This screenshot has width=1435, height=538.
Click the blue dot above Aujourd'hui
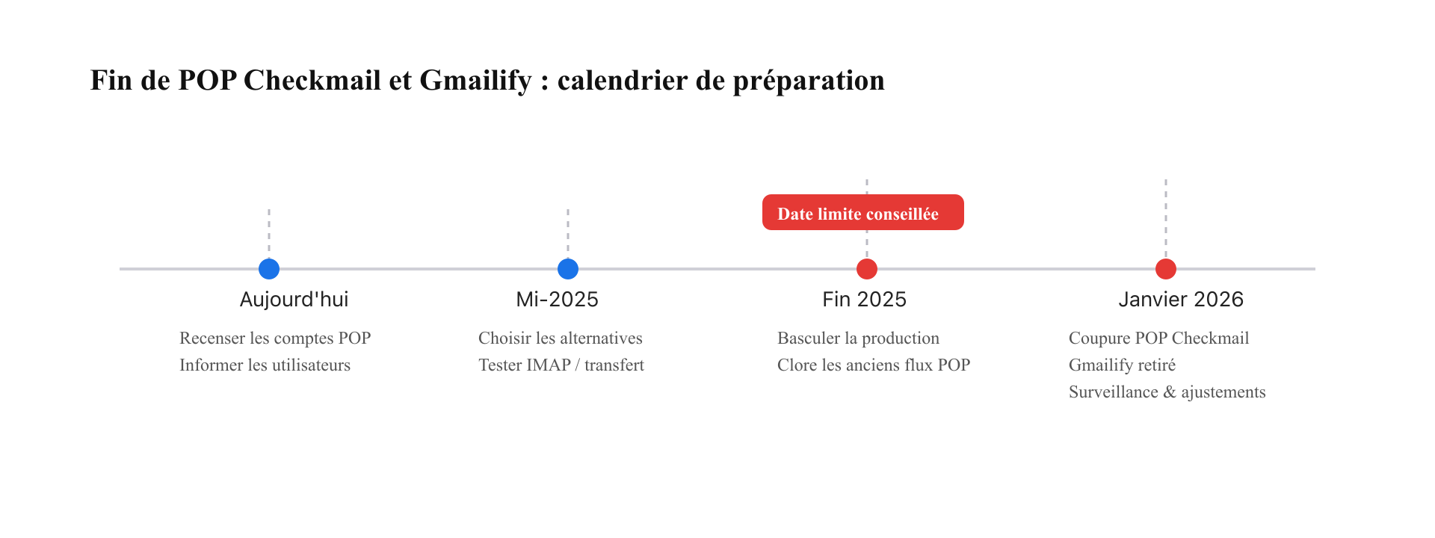(x=269, y=268)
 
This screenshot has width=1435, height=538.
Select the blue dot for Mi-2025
(x=568, y=268)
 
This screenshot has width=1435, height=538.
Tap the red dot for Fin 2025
(x=867, y=268)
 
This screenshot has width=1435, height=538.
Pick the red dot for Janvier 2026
(x=1166, y=268)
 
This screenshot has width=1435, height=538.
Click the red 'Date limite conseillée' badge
(x=863, y=212)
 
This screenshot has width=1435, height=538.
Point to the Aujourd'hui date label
(x=294, y=300)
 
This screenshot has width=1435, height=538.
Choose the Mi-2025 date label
(x=557, y=300)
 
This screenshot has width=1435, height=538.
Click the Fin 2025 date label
(x=864, y=300)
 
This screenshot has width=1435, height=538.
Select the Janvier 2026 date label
(x=1181, y=300)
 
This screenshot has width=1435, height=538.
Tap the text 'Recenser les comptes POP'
(x=275, y=338)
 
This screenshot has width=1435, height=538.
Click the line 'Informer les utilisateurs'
(x=265, y=365)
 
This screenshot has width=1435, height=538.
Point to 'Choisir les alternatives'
(x=561, y=338)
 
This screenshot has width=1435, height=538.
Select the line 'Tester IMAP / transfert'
(x=561, y=365)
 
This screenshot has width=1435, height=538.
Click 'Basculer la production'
(x=858, y=338)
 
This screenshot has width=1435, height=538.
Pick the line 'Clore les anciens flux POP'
(x=874, y=365)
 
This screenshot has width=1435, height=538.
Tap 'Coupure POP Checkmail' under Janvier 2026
(x=1158, y=338)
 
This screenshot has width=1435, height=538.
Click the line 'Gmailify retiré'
(x=1122, y=365)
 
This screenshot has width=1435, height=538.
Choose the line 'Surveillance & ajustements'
(x=1167, y=392)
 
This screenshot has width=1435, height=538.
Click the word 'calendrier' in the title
(x=623, y=80)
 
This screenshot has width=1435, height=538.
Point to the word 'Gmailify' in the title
(x=475, y=81)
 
